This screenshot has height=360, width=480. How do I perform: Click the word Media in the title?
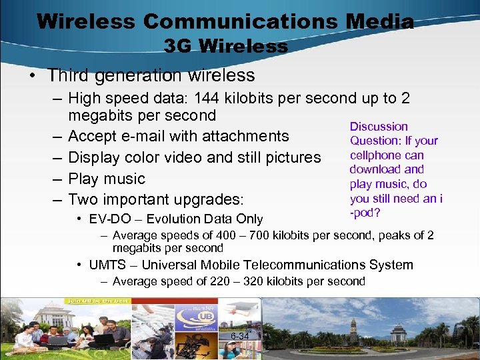point(379,21)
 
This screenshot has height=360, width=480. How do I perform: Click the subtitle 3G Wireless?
point(226,46)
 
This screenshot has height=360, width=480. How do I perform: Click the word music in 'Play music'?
point(125,179)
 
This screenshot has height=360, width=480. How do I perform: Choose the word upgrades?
point(209,200)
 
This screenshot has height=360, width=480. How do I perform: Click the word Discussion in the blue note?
point(379,127)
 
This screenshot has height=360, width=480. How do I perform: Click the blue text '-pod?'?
point(363,213)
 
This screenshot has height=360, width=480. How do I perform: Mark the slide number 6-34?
point(239,337)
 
